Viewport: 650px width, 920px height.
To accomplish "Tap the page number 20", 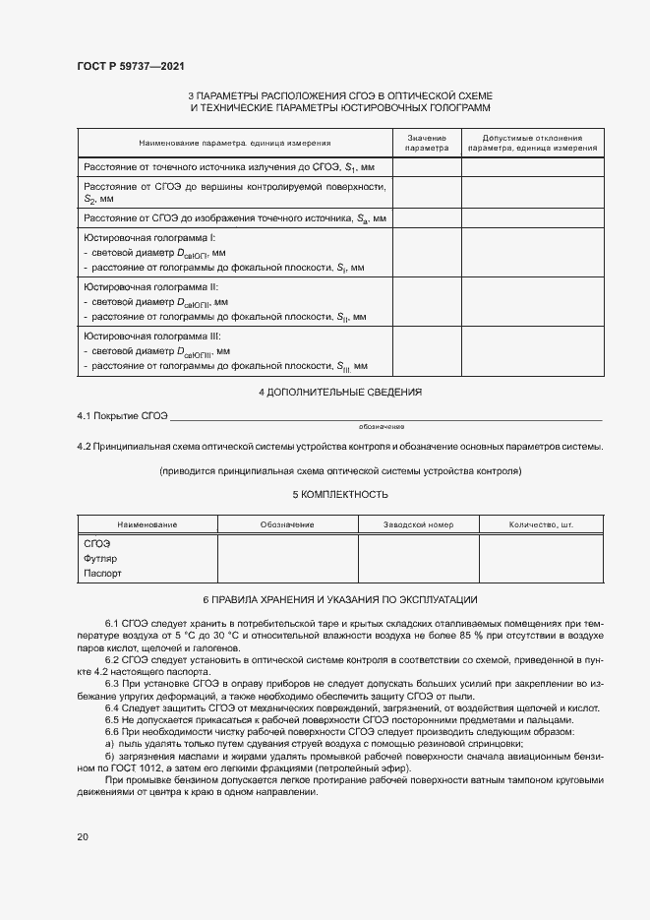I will (x=83, y=836).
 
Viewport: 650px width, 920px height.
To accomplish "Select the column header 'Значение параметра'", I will (x=427, y=143).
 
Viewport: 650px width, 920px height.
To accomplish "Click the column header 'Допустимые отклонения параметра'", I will (x=532, y=143).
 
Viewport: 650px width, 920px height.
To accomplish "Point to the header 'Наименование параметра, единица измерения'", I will (x=234, y=144).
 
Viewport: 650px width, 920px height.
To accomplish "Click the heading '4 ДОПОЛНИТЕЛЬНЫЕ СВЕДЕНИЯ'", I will (x=339, y=392).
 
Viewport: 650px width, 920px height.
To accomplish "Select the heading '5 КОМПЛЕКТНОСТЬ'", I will (x=339, y=494).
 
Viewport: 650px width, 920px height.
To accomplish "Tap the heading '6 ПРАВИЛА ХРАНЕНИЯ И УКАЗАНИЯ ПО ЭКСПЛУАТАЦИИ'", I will (x=339, y=599).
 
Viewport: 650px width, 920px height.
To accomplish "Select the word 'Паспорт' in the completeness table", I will (x=102, y=573).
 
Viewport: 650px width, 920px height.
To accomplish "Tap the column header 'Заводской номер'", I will (x=418, y=524).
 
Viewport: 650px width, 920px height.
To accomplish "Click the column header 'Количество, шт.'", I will (x=540, y=524).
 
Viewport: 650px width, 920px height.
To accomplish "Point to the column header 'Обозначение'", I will (x=286, y=524).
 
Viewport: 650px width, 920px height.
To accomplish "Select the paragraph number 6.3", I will (x=111, y=683).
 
